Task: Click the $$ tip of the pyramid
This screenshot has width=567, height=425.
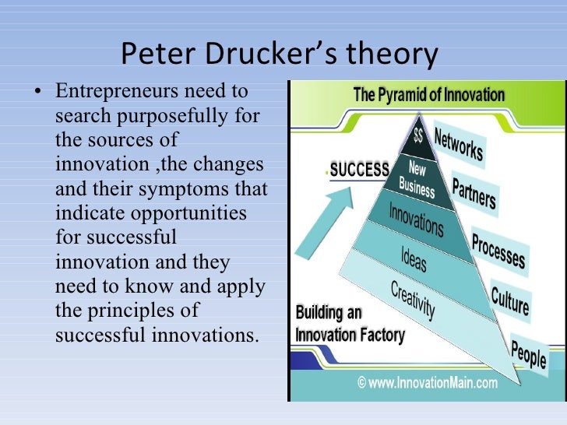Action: (x=419, y=137)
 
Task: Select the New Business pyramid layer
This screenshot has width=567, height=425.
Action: (x=417, y=177)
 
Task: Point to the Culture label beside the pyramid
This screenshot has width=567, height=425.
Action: (x=510, y=300)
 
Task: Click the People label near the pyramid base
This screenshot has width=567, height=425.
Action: (x=528, y=354)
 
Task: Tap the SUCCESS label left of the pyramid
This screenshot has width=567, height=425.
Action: (x=359, y=170)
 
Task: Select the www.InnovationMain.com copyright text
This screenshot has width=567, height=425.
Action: (x=427, y=382)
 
